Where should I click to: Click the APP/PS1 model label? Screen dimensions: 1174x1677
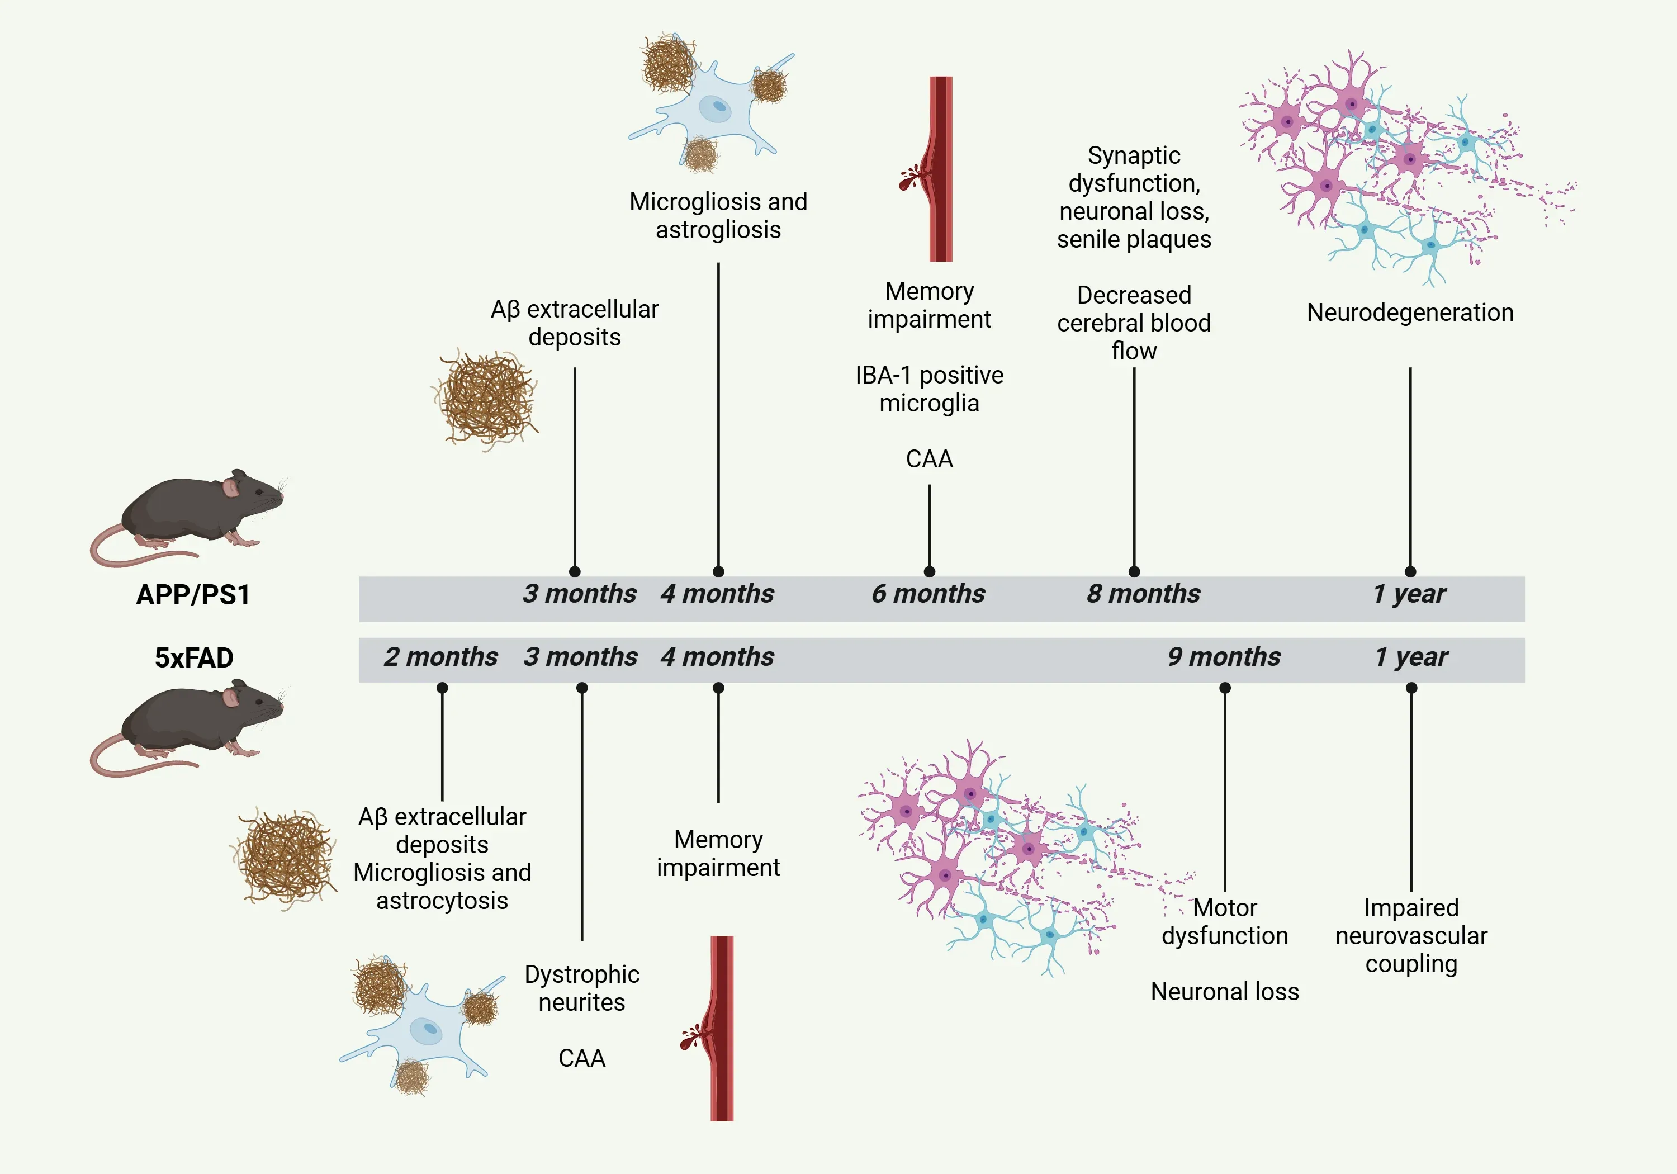click(x=193, y=595)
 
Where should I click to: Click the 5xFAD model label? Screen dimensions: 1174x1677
click(x=193, y=657)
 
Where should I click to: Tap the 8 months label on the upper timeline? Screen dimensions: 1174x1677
click(x=1143, y=594)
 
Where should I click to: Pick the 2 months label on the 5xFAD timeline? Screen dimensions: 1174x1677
click(x=440, y=657)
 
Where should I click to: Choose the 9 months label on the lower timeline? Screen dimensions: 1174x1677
click(x=1224, y=657)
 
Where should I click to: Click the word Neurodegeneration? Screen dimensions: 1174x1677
click(x=1410, y=313)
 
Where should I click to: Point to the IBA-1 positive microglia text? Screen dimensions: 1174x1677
click(x=929, y=389)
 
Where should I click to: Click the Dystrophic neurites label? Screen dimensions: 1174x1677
click(x=581, y=988)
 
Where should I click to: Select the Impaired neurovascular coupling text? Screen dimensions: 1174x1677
click(x=1411, y=936)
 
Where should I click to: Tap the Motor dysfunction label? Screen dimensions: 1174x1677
click(x=1225, y=922)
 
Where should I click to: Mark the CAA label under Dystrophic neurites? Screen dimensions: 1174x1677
click(x=581, y=1058)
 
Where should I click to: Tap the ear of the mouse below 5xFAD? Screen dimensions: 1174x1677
click(x=231, y=696)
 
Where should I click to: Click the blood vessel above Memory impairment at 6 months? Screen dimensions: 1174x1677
click(x=940, y=168)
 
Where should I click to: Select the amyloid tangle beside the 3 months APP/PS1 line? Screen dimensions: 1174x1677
click(x=486, y=398)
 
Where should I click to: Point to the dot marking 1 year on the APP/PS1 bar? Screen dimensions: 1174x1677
click(x=1410, y=571)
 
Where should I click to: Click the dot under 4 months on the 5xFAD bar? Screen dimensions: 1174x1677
click(x=718, y=688)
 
